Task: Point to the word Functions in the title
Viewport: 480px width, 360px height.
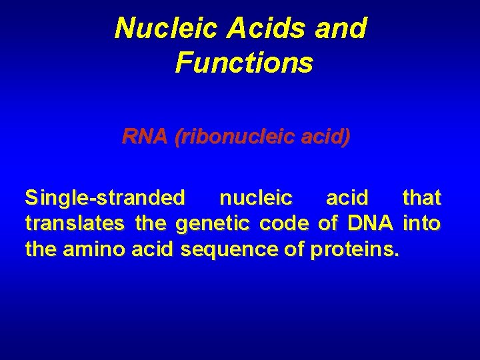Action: pos(243,63)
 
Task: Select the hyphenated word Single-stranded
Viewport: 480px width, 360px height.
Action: pos(105,198)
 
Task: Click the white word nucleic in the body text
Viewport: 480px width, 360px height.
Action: pos(255,198)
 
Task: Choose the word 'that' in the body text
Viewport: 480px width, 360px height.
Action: pos(421,198)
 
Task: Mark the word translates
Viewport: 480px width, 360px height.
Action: pos(76,223)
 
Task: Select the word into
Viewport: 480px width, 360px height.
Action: pos(422,223)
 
